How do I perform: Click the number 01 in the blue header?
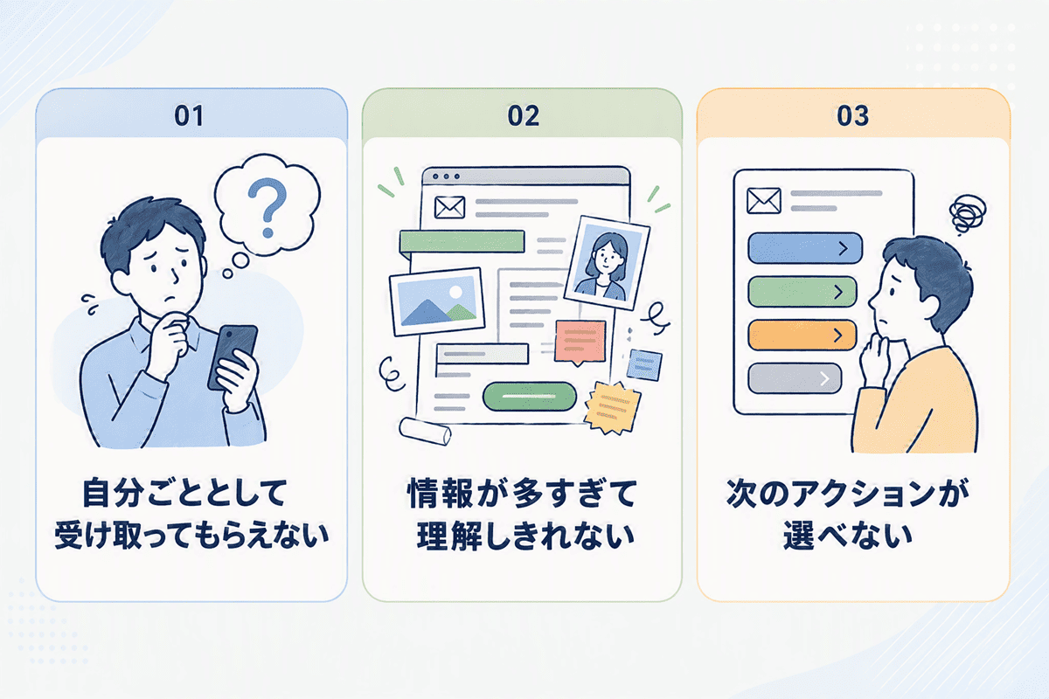click(x=189, y=115)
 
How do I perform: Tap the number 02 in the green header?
click(x=523, y=115)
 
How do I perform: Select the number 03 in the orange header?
click(x=853, y=115)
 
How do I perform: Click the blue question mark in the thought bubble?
click(x=267, y=207)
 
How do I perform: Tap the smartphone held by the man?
click(x=233, y=356)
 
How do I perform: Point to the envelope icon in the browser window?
click(x=449, y=207)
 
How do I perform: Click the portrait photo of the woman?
click(x=607, y=262)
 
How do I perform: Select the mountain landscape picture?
click(x=437, y=301)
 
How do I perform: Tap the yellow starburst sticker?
click(x=613, y=407)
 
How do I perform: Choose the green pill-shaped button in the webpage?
click(x=529, y=396)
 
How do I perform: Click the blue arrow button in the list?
click(x=805, y=248)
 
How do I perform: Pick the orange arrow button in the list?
click(x=802, y=335)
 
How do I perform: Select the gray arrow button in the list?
click(x=795, y=377)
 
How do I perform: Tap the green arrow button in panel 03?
click(x=802, y=292)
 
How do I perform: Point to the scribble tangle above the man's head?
click(x=968, y=214)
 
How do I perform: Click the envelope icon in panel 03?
click(x=764, y=201)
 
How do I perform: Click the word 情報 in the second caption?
click(x=440, y=494)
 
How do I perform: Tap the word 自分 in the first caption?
click(x=114, y=493)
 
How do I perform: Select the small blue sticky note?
click(x=644, y=364)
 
